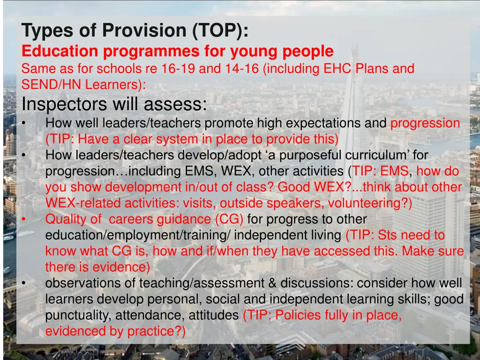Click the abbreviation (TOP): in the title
(x=219, y=31)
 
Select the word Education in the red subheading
(x=60, y=51)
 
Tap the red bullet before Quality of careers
(x=24, y=219)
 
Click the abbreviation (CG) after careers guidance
(x=229, y=219)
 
